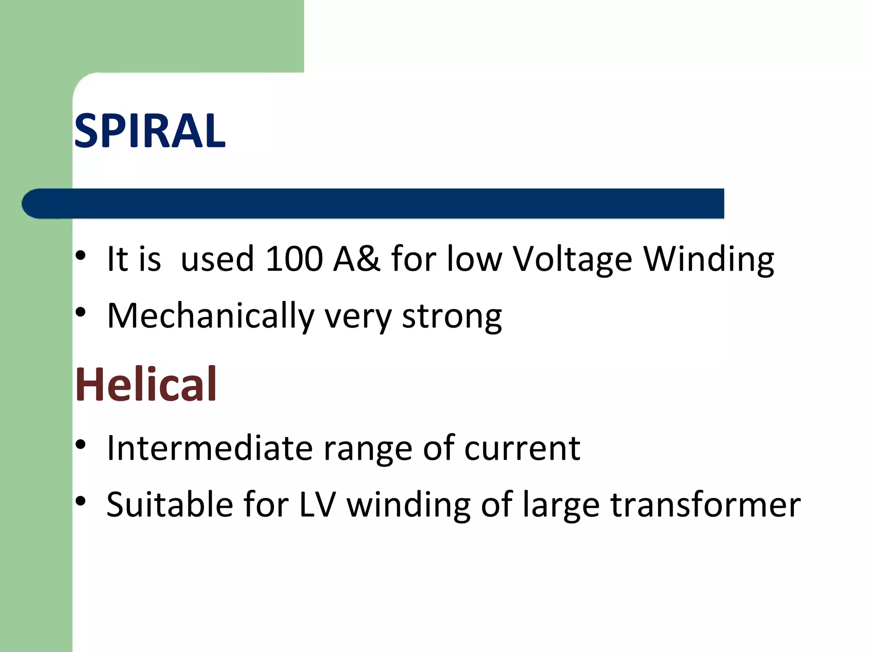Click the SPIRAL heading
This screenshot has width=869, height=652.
click(x=149, y=131)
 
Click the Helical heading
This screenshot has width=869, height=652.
click(x=146, y=385)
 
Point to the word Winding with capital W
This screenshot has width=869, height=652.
click(x=709, y=259)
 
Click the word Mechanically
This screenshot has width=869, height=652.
click(x=210, y=316)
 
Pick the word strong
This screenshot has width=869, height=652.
click(x=452, y=317)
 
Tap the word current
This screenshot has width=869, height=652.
click(x=522, y=449)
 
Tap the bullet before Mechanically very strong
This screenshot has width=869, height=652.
click(x=81, y=312)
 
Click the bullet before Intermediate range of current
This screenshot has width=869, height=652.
click(x=81, y=444)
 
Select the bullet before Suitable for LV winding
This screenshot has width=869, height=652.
click(x=81, y=501)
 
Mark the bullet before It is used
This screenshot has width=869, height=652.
click(x=81, y=256)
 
